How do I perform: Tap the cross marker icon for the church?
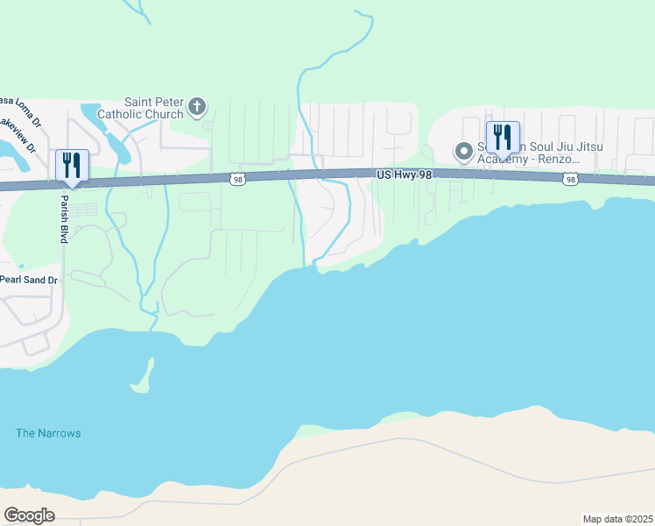(x=198, y=108)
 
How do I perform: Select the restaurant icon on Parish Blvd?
(x=70, y=166)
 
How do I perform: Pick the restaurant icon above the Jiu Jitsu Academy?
(x=502, y=139)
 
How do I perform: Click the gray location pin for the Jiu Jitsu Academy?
(x=463, y=153)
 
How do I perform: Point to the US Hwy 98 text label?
(x=404, y=175)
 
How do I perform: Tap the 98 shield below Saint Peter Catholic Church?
(x=238, y=179)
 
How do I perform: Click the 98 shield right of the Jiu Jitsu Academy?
(x=571, y=179)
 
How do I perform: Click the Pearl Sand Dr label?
(x=28, y=279)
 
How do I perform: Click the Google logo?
(x=29, y=515)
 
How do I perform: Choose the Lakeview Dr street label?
(x=18, y=136)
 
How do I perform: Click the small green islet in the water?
(x=144, y=377)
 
